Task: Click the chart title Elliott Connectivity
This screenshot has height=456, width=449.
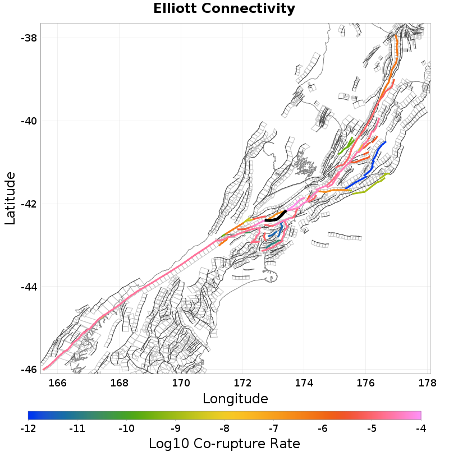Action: click(x=224, y=9)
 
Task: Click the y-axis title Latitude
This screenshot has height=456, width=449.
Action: click(x=10, y=199)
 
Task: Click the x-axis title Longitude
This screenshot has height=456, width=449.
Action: click(x=235, y=399)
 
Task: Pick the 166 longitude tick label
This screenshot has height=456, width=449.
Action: click(x=58, y=383)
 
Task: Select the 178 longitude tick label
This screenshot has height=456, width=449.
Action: click(x=427, y=383)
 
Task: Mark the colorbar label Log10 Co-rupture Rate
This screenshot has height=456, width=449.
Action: click(x=224, y=444)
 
